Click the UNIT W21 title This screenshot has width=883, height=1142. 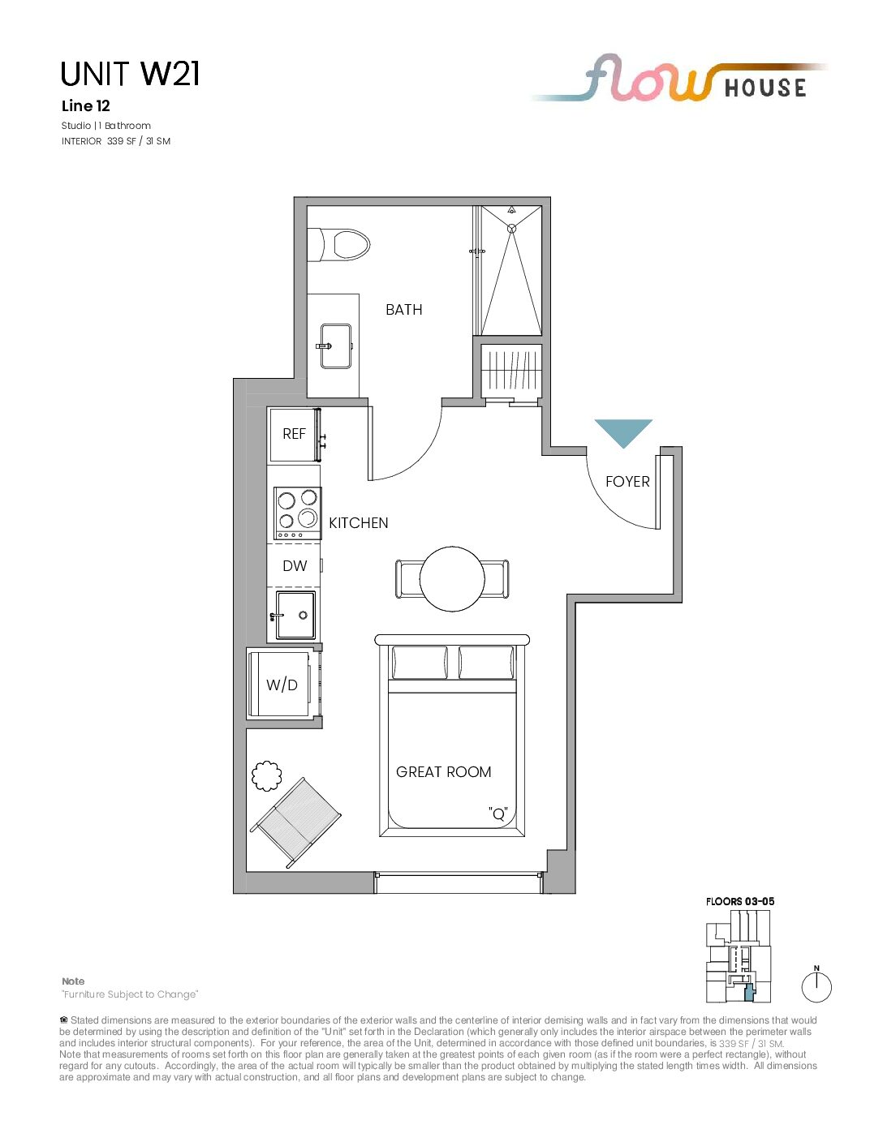(130, 74)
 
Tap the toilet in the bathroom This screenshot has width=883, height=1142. (338, 244)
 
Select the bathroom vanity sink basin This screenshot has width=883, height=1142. (335, 346)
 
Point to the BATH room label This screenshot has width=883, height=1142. (404, 310)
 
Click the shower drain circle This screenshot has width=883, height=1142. (511, 228)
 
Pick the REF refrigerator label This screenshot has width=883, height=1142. (294, 434)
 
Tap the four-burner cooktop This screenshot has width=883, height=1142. (297, 513)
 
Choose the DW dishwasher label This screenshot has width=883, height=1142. (295, 565)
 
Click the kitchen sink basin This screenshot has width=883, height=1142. (296, 615)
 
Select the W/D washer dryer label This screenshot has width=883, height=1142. (282, 685)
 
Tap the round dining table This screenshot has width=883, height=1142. (452, 578)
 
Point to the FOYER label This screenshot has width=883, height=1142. (627, 482)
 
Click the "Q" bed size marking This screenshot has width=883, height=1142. (498, 814)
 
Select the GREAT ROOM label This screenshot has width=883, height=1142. (443, 772)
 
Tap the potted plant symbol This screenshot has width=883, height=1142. (267, 775)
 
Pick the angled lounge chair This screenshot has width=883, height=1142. (295, 822)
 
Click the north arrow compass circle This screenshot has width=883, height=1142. (816, 986)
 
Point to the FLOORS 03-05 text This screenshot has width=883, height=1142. (740, 901)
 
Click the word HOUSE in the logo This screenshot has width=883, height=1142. (765, 88)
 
